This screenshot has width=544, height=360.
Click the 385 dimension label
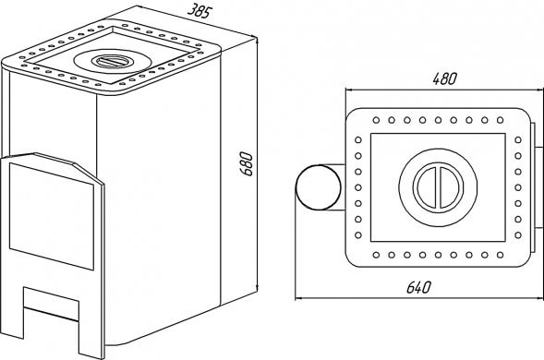tap(199, 11)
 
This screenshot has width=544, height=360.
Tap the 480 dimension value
tap(445, 79)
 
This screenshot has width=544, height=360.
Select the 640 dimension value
tap(418, 287)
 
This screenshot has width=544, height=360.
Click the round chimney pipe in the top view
tap(318, 187)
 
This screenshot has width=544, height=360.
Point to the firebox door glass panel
tap(52, 216)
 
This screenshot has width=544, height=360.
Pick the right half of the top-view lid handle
tap(451, 187)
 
